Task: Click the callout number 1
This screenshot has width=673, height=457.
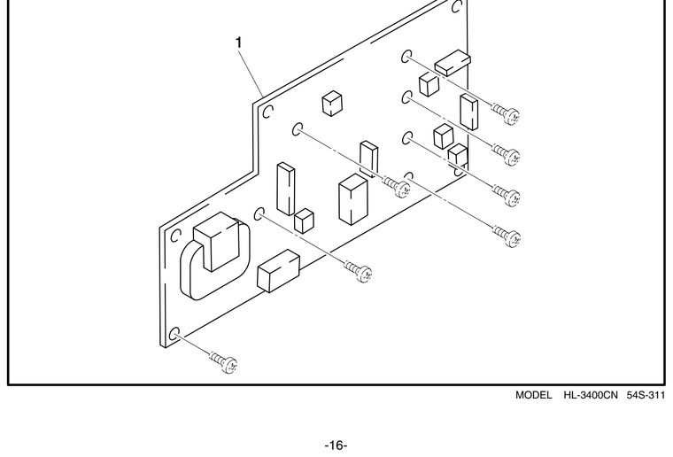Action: pos(239,43)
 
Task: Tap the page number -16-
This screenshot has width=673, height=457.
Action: pos(336,445)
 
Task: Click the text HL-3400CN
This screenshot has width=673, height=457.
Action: pos(590,395)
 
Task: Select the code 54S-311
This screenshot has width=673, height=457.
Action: pos(646,395)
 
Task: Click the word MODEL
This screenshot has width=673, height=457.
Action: pos(533,395)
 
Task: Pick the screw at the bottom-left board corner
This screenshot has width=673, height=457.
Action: pos(224,361)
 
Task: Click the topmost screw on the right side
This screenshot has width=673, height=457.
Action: pos(506,113)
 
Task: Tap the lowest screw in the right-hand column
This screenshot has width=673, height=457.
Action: pos(507,236)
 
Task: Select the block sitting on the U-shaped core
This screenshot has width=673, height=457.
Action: pos(216,241)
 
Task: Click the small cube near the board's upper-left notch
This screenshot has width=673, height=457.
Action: pos(332,104)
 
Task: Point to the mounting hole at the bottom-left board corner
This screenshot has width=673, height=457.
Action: pos(174,334)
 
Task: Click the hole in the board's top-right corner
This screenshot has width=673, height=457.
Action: pos(457,6)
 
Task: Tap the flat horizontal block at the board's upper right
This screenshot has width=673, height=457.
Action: pos(453,63)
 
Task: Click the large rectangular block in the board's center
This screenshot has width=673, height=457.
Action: pos(352,199)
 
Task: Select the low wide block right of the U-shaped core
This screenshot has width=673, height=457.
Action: pos(278,271)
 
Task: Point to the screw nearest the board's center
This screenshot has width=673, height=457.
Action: pos(396,187)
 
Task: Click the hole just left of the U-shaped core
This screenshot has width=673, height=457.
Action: pos(176,236)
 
